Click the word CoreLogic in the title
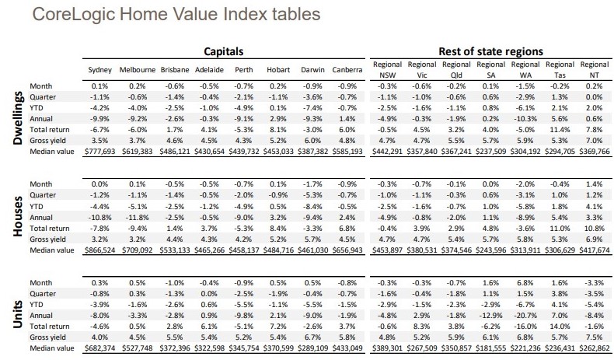[x=74, y=15]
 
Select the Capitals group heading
[x=224, y=51]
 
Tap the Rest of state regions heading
[x=490, y=51]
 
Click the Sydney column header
[x=99, y=70]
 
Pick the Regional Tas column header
[x=560, y=70]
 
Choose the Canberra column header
[x=347, y=70]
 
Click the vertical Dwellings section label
[x=19, y=118]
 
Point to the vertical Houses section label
[x=19, y=217]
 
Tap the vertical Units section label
[x=19, y=315]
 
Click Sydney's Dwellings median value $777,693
[x=99, y=151]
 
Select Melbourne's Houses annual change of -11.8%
[x=137, y=218]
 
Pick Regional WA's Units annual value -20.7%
[x=525, y=316]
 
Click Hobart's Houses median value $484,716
[x=278, y=250]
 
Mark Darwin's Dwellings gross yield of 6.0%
[x=312, y=140]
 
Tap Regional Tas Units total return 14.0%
[x=560, y=327]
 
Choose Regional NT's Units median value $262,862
[x=595, y=348]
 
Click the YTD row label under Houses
[x=37, y=207]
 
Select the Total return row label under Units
[x=49, y=327]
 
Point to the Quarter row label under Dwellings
[x=43, y=96]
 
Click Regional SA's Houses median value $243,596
[x=490, y=250]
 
